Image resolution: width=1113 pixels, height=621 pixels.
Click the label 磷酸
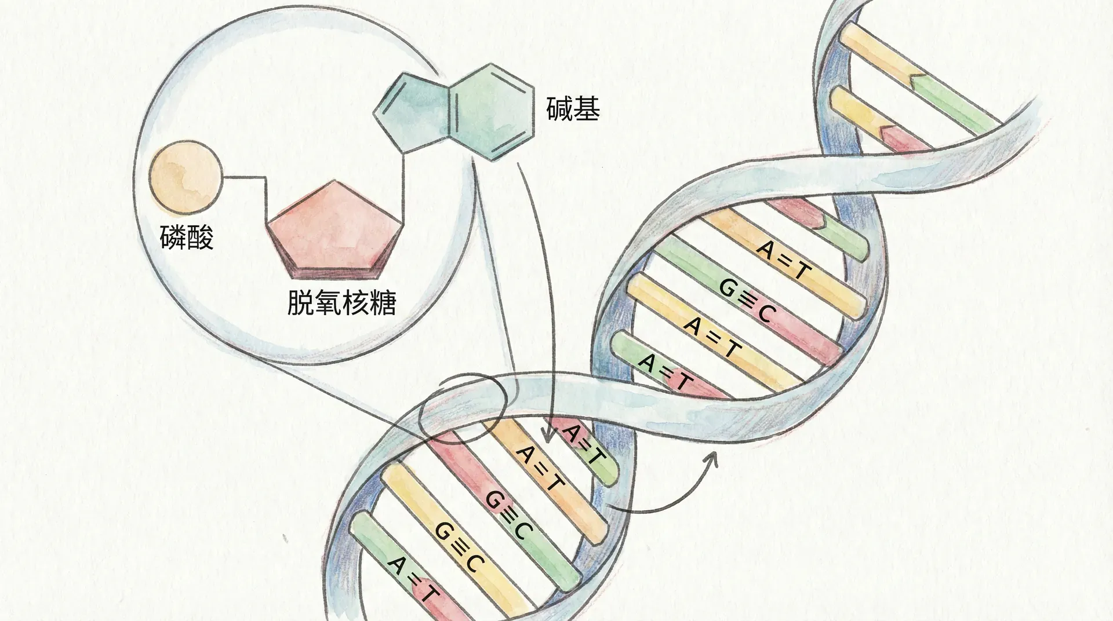click(x=187, y=238)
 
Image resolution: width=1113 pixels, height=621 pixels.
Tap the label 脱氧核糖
click(x=341, y=302)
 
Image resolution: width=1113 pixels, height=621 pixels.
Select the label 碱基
click(x=573, y=108)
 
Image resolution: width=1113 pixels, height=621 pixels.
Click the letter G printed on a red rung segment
click(x=494, y=499)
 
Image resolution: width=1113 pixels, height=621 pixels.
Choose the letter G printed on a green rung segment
click(x=727, y=288)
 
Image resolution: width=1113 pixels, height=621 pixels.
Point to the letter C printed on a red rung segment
click(x=765, y=313)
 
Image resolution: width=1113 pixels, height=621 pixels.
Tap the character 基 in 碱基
click(x=586, y=108)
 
